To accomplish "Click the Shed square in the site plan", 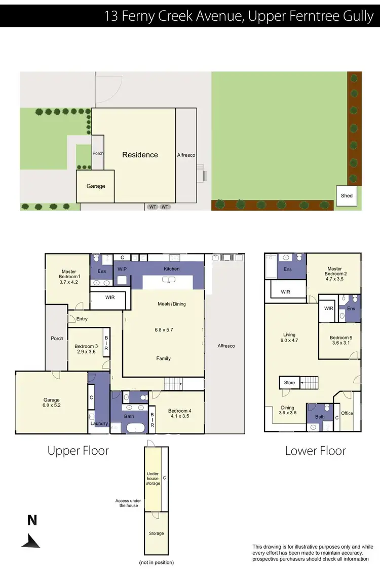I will click(x=347, y=195).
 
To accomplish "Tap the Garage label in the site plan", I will click(x=96, y=186).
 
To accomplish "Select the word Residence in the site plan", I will click(x=140, y=155).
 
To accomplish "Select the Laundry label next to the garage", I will click(x=98, y=423).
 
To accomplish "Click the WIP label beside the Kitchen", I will click(x=122, y=268).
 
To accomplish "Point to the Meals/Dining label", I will click(x=172, y=304).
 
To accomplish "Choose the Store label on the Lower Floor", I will click(x=289, y=383).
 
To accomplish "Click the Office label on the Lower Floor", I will click(x=347, y=413).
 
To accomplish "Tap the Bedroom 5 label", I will click(x=339, y=338).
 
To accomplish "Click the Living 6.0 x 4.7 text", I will click(x=289, y=338).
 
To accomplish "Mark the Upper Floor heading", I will click(x=78, y=450).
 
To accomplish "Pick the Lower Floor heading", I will click(x=315, y=450).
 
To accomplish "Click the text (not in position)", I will click(x=156, y=562).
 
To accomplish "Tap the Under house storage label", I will click(x=153, y=479).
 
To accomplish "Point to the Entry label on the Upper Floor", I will click(x=82, y=319).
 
